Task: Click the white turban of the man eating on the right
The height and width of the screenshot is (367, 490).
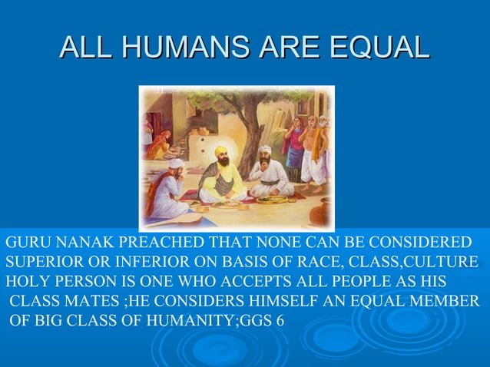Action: coord(265,150)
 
